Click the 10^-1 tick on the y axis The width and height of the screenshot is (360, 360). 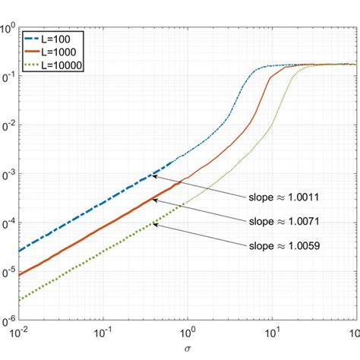tap(8, 77)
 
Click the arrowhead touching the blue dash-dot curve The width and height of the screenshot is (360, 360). tap(154, 176)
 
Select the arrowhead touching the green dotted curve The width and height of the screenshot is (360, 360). tap(154, 224)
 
